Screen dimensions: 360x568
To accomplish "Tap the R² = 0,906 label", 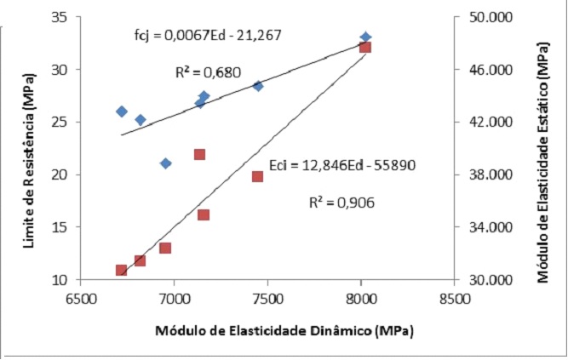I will [x=341, y=203].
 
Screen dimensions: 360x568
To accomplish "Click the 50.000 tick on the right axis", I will [x=482, y=17].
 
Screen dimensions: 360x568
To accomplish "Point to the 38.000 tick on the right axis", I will [x=482, y=174].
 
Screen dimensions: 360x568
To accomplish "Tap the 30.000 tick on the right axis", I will [x=482, y=280].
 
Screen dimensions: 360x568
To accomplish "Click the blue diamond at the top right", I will [x=365, y=37].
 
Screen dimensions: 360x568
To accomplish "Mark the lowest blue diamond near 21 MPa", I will [x=166, y=163].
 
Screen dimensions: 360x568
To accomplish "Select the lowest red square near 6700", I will [x=122, y=270].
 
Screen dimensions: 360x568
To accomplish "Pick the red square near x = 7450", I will [x=257, y=176].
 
